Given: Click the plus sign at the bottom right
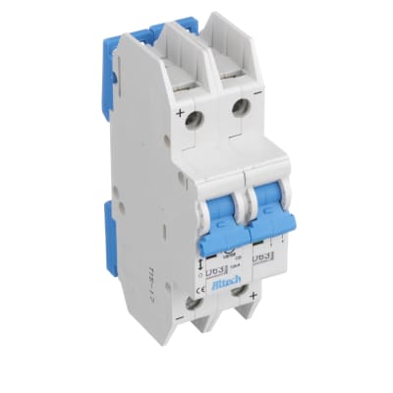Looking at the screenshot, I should (x=254, y=296).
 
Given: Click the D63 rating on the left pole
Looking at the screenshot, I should (x=215, y=269).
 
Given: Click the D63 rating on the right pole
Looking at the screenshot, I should (x=262, y=257).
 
